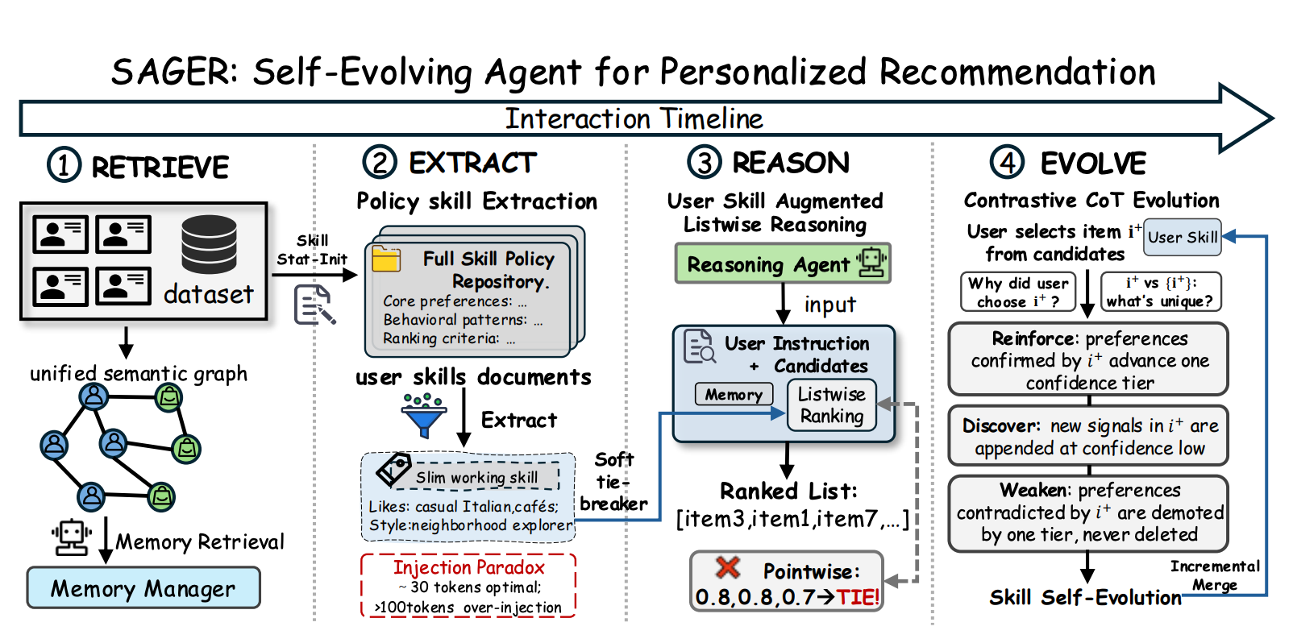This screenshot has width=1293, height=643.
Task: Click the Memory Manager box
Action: [x=143, y=587]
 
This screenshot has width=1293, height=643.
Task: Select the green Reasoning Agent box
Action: [x=783, y=263]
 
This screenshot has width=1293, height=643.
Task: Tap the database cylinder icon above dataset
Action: [x=209, y=244]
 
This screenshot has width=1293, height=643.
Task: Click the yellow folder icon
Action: [x=386, y=259]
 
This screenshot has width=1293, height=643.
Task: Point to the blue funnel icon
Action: [x=424, y=416]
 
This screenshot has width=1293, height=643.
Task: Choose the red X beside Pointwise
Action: [x=727, y=567]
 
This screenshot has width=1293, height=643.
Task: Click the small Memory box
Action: [x=734, y=394]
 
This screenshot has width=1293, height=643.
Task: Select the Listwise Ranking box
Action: [x=832, y=404]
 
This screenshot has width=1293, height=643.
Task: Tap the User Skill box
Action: [x=1183, y=237]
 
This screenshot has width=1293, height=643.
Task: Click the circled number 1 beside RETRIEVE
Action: [x=64, y=165]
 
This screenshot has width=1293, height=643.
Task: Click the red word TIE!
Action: [x=859, y=597]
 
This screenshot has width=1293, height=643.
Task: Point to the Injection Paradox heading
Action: [x=468, y=567]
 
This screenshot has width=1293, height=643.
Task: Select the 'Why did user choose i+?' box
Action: [x=1018, y=292]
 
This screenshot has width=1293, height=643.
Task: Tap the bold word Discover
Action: [x=1000, y=426]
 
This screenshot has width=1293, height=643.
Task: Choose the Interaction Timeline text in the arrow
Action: [x=634, y=119]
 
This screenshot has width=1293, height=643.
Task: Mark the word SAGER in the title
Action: [x=174, y=73]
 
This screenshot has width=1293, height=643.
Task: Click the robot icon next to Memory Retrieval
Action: [x=71, y=537]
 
